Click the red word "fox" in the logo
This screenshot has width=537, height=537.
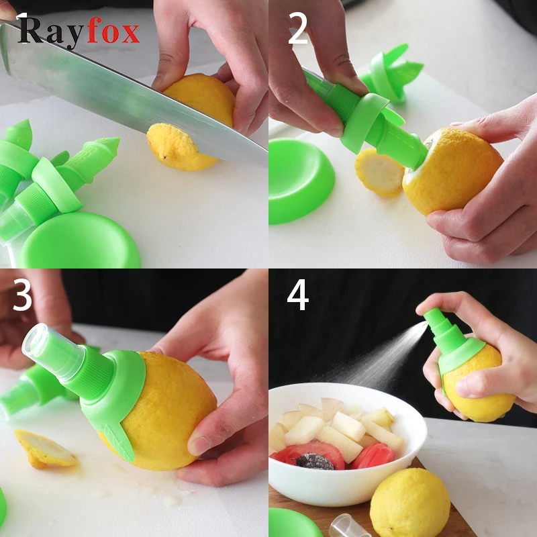(x=113, y=31)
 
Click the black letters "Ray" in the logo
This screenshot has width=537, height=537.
(x=50, y=32)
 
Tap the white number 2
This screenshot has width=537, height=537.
(x=298, y=28)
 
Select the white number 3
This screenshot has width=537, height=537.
(x=23, y=295)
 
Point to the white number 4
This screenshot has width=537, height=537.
(x=297, y=295)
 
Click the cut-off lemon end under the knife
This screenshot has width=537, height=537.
(x=175, y=147)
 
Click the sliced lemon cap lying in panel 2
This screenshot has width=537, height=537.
(x=379, y=173)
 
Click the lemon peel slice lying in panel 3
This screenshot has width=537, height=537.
(x=44, y=449)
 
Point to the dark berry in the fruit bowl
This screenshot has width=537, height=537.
(x=314, y=461)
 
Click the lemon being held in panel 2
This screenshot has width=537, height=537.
(x=452, y=171)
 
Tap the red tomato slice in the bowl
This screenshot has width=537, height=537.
(x=373, y=456)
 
